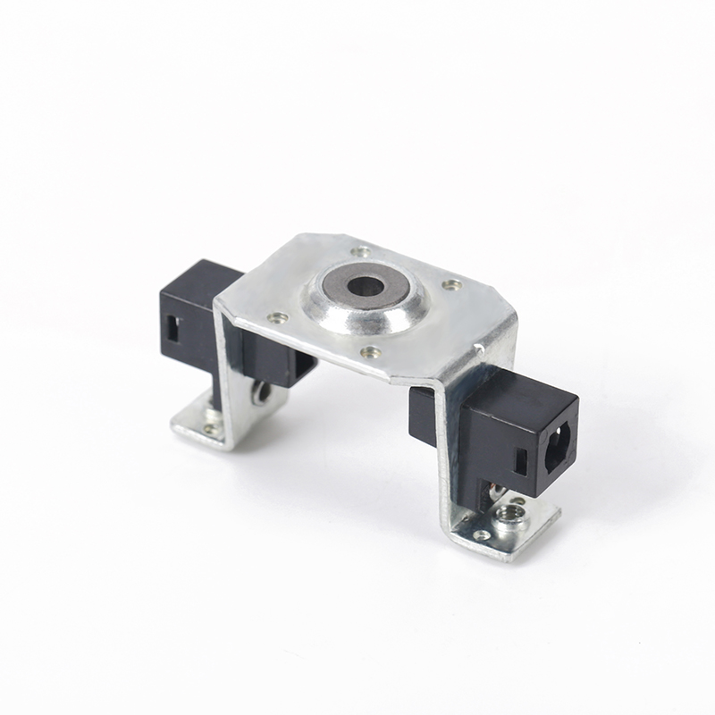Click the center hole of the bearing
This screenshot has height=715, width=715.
point(365,287)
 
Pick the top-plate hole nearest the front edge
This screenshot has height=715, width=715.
point(366,351)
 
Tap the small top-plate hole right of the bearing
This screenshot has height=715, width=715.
point(452,285)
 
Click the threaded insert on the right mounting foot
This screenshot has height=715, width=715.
point(513,513)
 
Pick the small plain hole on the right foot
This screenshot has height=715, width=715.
point(482,535)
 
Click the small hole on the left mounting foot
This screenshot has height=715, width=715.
point(211,428)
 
